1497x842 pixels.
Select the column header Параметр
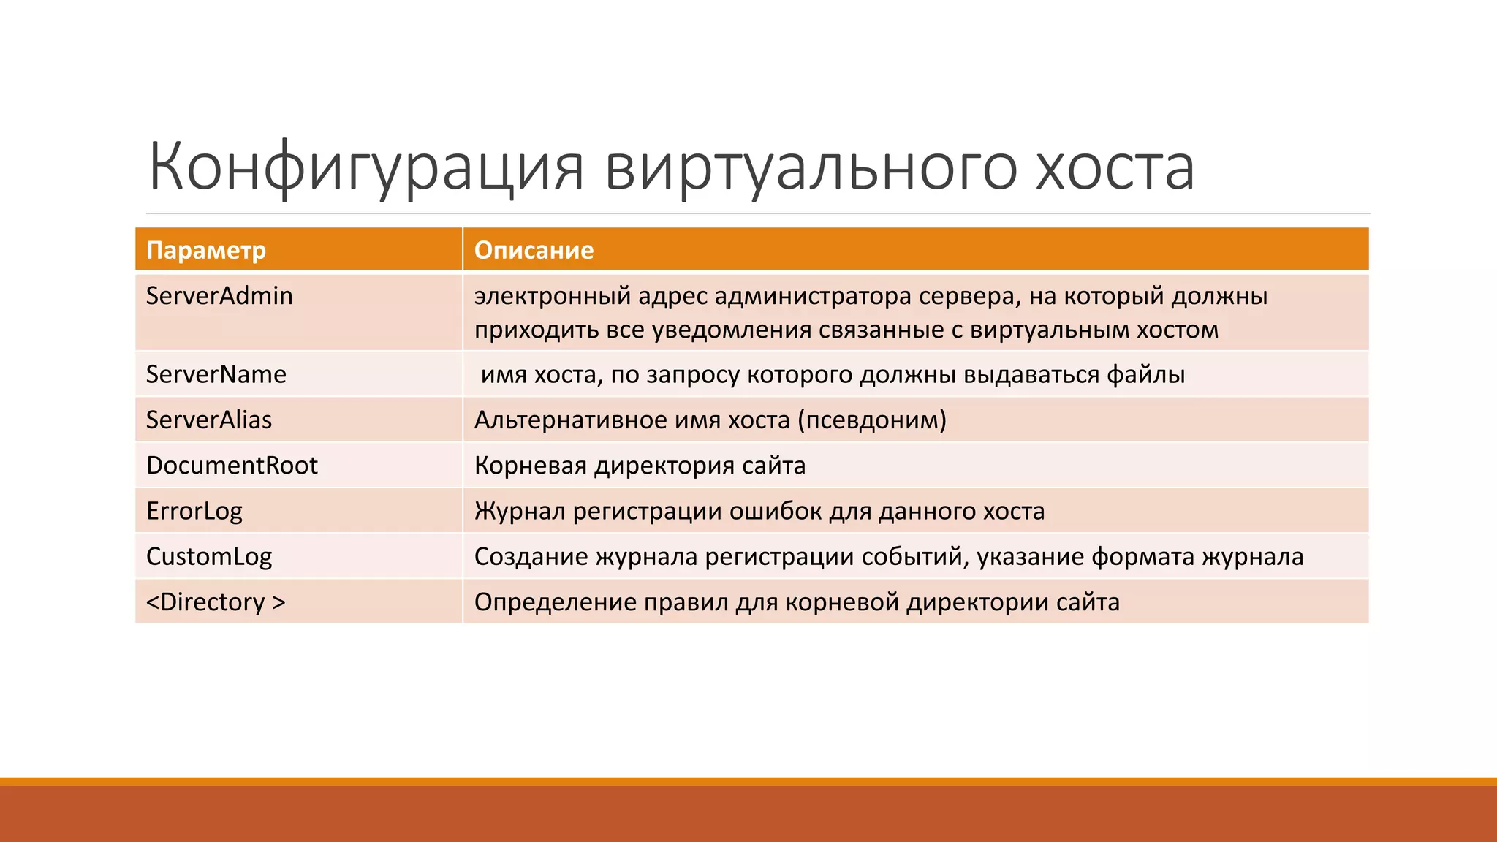[206, 251]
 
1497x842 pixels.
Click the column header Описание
[534, 251]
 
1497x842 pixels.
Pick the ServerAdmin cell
[219, 296]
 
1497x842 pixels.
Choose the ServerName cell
[216, 374]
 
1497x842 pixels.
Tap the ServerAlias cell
[209, 420]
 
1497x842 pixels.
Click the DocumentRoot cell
[232, 466]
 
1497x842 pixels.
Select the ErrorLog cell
[194, 511]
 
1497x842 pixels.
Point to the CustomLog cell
[209, 557]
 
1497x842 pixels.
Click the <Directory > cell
[216, 602]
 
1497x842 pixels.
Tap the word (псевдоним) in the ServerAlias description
[871, 420]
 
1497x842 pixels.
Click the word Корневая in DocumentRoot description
[531, 466]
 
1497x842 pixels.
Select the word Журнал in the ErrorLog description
[520, 511]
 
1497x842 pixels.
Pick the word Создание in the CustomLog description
[531, 557]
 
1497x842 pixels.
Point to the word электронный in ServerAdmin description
[553, 296]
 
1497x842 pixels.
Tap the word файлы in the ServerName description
[1145, 374]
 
